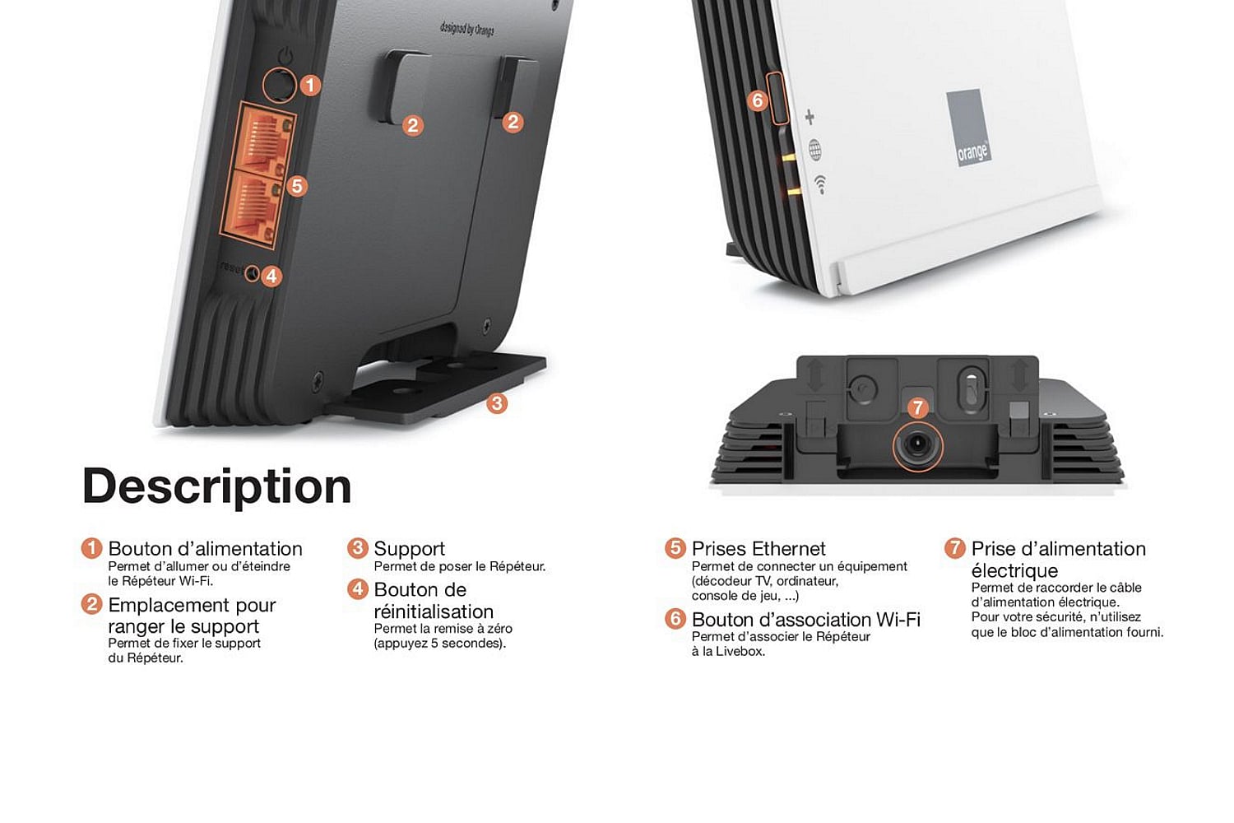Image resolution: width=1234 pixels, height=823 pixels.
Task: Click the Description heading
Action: coord(216,486)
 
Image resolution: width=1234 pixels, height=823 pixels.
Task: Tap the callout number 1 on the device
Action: coord(309,85)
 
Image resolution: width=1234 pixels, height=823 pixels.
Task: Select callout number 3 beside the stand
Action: coord(496,403)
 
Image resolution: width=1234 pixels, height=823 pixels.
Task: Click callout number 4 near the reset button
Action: coord(271,276)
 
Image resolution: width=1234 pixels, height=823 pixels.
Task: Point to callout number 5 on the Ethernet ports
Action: coord(297,186)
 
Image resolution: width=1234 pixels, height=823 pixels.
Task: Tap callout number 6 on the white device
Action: coord(758,100)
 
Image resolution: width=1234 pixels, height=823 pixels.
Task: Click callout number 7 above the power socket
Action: coord(918,407)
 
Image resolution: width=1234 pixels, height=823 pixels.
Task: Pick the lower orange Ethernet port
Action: coord(257,206)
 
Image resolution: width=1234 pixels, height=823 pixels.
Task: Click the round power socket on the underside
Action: coord(916,446)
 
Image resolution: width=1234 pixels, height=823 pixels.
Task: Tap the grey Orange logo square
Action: coord(967,128)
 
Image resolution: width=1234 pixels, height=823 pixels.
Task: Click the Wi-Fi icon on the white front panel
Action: coord(820,184)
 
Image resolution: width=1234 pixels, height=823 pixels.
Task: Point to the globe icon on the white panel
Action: coord(814,149)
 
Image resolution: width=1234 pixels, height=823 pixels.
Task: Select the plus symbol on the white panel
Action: coord(810,117)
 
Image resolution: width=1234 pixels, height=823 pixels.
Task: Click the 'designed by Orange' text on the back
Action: coord(466,30)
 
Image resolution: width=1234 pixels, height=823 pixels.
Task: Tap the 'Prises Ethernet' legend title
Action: coord(758,549)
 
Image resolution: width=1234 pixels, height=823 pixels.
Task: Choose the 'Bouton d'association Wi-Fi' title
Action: coord(805,620)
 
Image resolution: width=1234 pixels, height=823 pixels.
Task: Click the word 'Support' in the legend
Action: coord(409,549)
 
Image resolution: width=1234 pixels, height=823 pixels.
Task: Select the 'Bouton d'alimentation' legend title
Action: coord(205,549)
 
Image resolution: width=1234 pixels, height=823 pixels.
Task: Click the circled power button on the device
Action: coord(279,84)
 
